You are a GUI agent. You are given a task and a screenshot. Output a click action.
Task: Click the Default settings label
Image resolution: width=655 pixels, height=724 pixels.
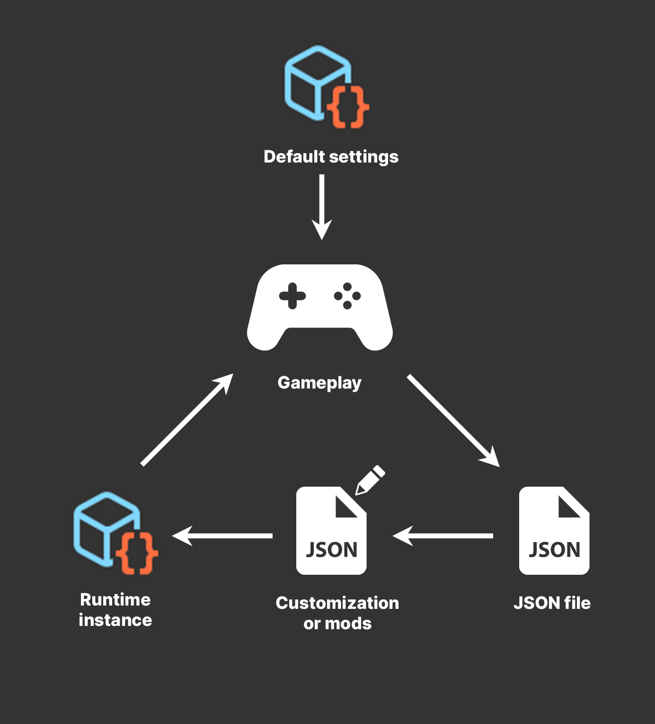(331, 157)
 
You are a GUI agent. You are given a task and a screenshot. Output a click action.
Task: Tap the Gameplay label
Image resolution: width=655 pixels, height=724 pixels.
(319, 383)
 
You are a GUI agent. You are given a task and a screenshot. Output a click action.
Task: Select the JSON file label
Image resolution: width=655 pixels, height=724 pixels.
(552, 603)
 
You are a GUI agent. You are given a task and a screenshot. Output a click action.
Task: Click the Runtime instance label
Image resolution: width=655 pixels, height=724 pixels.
(115, 610)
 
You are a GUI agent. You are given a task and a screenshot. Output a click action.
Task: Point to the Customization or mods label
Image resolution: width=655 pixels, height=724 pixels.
(337, 613)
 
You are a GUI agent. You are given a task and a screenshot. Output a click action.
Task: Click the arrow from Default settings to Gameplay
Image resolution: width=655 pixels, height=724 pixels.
(322, 206)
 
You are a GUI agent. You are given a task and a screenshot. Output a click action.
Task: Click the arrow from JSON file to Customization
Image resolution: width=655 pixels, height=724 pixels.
(443, 536)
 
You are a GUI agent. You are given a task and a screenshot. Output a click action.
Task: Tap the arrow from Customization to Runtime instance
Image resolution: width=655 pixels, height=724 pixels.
(222, 536)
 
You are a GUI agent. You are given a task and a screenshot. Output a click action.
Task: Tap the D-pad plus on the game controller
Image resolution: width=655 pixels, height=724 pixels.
(292, 296)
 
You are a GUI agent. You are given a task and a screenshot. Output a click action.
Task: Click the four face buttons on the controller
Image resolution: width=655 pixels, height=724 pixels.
(347, 296)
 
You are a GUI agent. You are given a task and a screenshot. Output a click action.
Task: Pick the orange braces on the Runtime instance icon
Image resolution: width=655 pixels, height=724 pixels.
(137, 553)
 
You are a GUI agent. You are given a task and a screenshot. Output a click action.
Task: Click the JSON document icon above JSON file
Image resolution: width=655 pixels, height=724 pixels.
(554, 531)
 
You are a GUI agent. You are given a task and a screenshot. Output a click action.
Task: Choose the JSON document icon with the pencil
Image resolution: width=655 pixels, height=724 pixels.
(331, 531)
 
